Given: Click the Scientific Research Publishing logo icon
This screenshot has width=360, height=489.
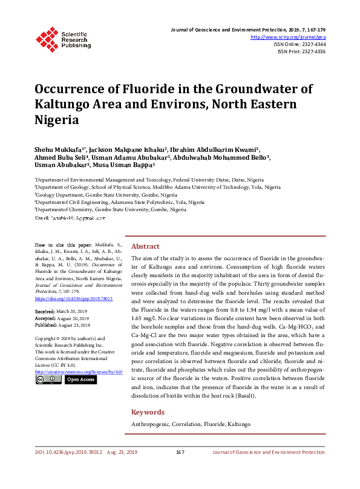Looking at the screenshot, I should point(47,38).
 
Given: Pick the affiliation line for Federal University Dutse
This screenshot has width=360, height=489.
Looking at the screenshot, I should point(149,180).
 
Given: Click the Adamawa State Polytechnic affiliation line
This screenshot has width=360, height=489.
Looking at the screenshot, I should point(120,202).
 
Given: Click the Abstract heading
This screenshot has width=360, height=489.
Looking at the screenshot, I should point(145,246).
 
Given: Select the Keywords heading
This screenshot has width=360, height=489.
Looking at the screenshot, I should point(148,412).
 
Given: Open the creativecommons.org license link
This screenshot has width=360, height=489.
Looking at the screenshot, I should point(79,372).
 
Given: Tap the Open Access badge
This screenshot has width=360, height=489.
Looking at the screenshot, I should point(80,379).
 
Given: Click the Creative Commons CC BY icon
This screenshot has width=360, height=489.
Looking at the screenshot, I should point(48,379).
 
